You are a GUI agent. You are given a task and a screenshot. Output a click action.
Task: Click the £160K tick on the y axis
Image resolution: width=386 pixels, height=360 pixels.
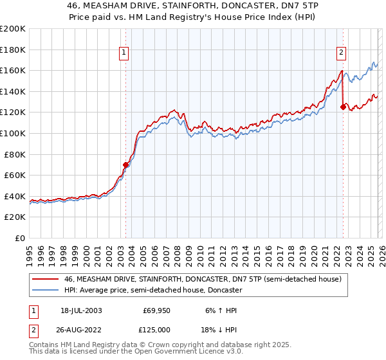(x=13, y=70)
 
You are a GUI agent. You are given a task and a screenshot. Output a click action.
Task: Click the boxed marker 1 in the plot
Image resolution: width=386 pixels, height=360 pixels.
(x=125, y=53)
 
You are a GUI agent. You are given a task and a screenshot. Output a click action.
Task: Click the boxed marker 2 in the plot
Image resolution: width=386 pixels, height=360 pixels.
(x=342, y=53)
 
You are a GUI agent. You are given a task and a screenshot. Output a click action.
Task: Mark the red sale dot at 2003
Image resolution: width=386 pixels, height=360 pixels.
(x=125, y=165)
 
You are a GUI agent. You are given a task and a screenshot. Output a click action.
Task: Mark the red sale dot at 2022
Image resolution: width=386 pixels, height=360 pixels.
(x=343, y=107)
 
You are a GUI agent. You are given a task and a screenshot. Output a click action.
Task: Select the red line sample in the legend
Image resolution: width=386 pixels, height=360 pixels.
(x=46, y=279)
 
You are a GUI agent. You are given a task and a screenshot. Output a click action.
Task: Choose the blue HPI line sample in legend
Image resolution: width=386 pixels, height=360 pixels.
(x=46, y=290)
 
